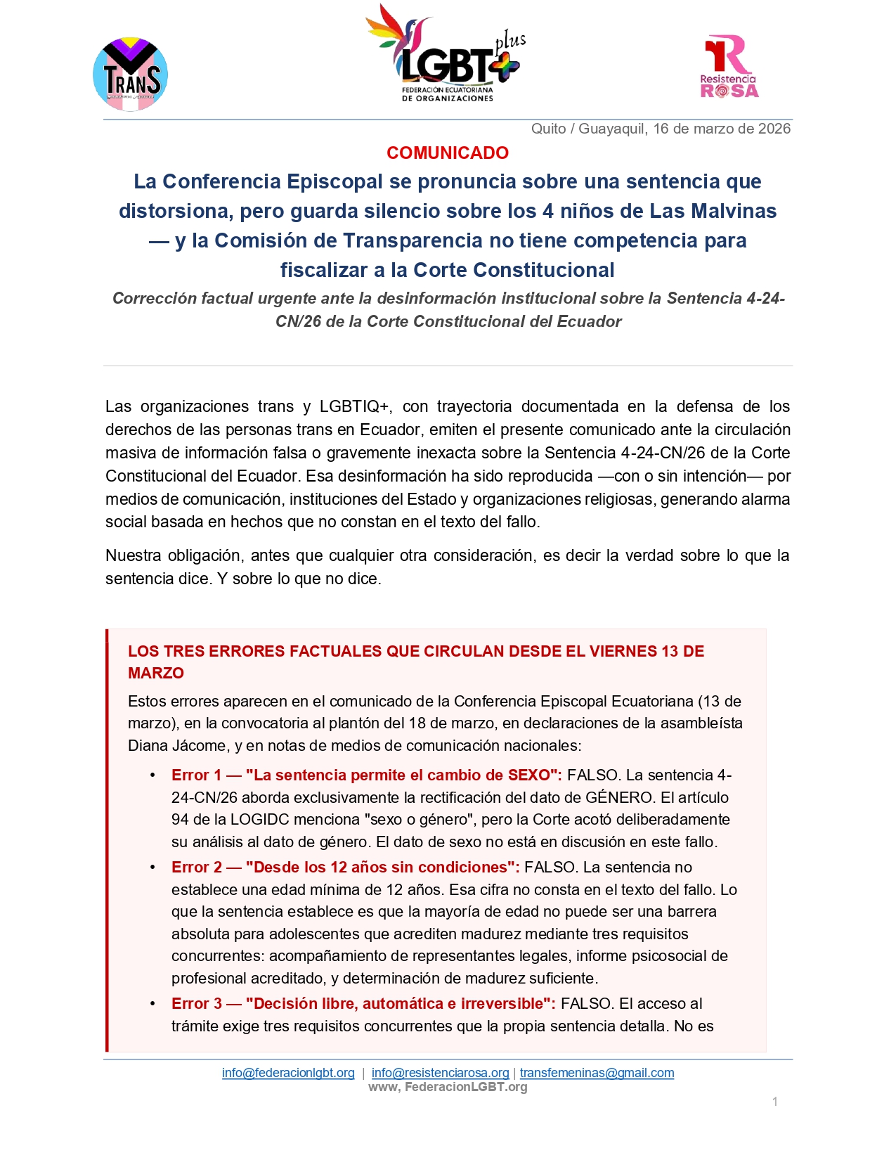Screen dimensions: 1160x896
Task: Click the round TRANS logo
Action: (130, 75)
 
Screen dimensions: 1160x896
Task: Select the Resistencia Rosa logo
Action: (729, 67)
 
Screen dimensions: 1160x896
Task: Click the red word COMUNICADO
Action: (448, 153)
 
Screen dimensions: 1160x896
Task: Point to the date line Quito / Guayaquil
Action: (661, 129)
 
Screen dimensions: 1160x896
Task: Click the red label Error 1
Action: (196, 775)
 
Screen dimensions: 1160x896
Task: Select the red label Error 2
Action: (196, 867)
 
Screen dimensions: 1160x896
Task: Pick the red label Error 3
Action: (196, 1003)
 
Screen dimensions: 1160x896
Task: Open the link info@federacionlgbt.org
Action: (288, 1073)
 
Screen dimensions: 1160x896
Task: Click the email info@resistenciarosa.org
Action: (440, 1073)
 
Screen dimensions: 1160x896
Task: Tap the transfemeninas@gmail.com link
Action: (597, 1073)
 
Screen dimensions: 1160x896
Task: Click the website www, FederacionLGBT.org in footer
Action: (448, 1087)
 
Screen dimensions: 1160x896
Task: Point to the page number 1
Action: (774, 1102)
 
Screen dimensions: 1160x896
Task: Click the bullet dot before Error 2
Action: (152, 867)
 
